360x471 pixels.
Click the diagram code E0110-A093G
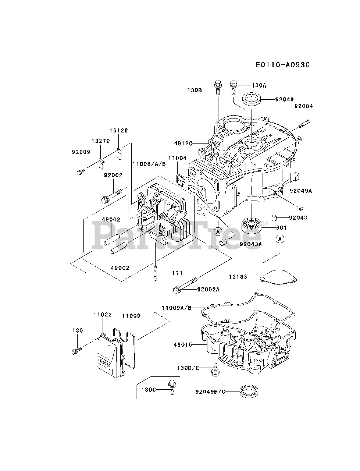point(283,65)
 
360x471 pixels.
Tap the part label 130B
point(195,90)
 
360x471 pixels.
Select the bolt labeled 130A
point(233,87)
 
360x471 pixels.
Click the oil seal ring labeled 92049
point(251,99)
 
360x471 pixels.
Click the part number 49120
point(183,144)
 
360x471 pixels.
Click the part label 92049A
point(301,191)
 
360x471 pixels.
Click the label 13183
point(238,277)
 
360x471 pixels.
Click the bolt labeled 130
point(76,350)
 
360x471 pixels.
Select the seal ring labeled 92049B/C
point(249,392)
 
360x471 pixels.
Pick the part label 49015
point(183,345)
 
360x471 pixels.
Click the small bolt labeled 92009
point(81,171)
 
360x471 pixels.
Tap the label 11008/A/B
point(149,164)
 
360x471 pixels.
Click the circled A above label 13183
point(279,239)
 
